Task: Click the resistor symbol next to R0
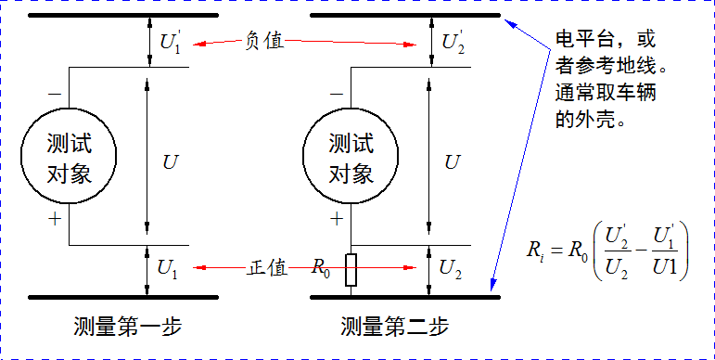click(351, 271)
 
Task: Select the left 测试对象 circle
click(69, 158)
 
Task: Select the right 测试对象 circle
click(350, 158)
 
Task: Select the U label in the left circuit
click(170, 162)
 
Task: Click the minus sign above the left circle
click(53, 95)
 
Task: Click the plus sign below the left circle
click(53, 220)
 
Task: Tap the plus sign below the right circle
click(335, 220)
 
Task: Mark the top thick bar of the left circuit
click(123, 16)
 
